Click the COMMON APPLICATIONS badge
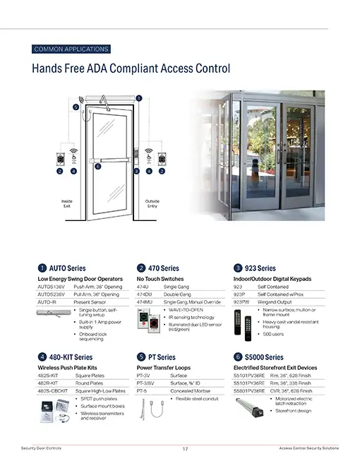pyautogui.click(x=71, y=49)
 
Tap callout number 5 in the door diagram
pyautogui.click(x=76, y=107)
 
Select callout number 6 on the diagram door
pyautogui.click(x=98, y=167)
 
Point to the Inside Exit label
pyautogui.click(x=67, y=203)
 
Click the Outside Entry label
pyautogui.click(x=152, y=203)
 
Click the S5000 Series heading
pyautogui.click(x=265, y=357)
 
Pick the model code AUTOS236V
pyautogui.click(x=51, y=294)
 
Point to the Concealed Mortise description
pyautogui.click(x=188, y=390)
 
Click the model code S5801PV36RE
pyautogui.click(x=249, y=390)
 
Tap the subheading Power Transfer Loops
pyautogui.click(x=164, y=368)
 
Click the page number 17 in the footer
pyautogui.click(x=185, y=449)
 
